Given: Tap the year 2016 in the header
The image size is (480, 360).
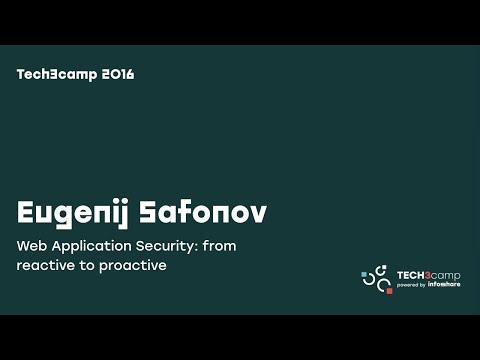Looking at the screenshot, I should [x=118, y=74].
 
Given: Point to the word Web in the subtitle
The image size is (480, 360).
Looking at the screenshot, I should [x=31, y=246].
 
